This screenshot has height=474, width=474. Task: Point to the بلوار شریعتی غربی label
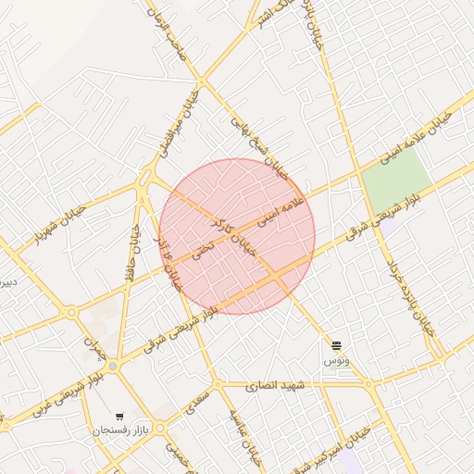[64, 393]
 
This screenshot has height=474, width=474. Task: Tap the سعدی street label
[196, 401]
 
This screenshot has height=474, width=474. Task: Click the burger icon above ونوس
[336, 344]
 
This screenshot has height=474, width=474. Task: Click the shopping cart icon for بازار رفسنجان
[119, 417]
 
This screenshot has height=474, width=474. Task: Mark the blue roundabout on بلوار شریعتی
[113, 367]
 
